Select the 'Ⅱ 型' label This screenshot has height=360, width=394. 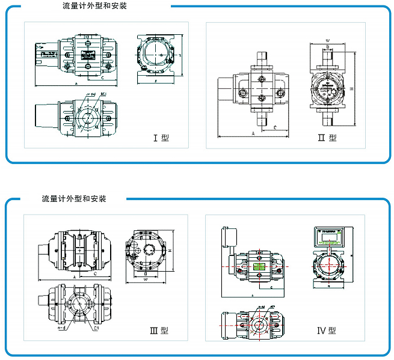(x=327, y=138)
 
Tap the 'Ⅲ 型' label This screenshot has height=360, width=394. (x=159, y=330)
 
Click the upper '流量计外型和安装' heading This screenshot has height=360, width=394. (x=95, y=7)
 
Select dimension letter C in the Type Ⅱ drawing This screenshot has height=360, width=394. (x=274, y=127)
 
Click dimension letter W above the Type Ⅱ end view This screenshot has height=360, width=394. (x=327, y=42)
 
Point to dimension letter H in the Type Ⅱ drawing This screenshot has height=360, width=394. (x=351, y=87)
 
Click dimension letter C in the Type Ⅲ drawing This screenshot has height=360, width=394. (x=96, y=272)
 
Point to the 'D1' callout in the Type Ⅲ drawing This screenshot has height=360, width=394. (x=96, y=329)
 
